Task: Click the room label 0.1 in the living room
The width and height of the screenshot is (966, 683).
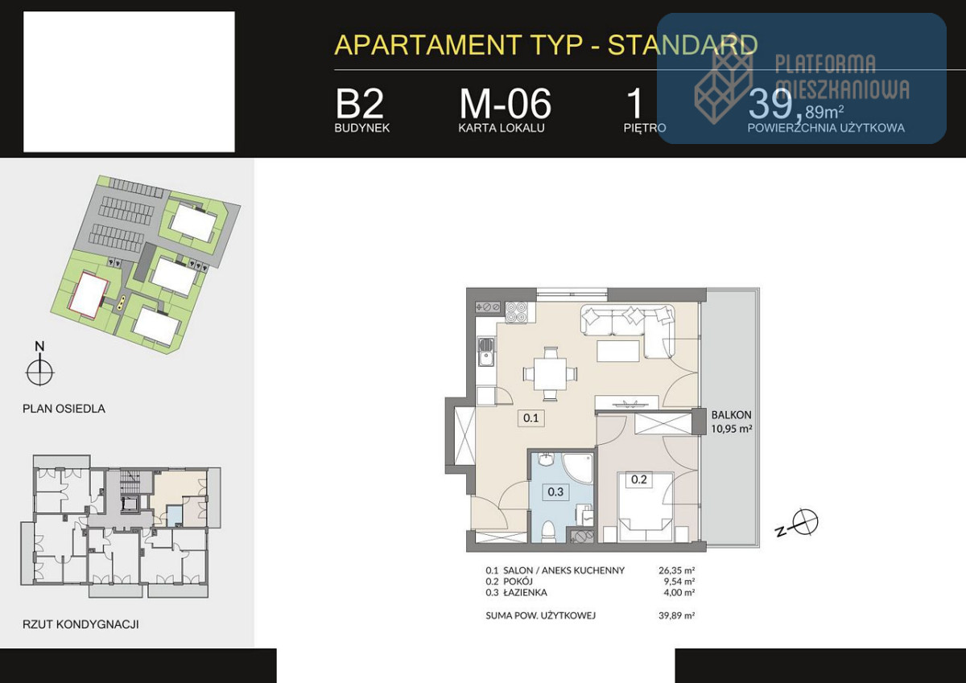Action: click(530, 418)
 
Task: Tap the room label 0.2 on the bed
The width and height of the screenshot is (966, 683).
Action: click(638, 479)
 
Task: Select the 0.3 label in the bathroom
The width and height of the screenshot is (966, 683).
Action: click(555, 492)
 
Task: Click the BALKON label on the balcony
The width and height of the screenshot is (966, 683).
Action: click(732, 415)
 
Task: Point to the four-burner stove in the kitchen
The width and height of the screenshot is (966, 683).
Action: click(516, 312)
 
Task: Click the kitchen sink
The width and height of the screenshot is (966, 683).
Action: click(486, 352)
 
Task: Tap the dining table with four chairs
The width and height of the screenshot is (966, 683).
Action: click(549, 373)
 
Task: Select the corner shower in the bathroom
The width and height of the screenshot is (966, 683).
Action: click(578, 468)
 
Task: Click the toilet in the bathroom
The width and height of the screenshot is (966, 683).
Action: click(548, 532)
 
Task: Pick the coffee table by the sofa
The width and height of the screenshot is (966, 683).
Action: click(618, 351)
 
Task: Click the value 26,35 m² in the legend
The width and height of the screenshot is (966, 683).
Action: click(676, 570)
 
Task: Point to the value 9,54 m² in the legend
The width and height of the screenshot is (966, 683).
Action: click(679, 582)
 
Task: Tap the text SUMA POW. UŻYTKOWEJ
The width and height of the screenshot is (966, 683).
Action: click(540, 615)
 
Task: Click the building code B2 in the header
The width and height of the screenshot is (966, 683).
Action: click(359, 104)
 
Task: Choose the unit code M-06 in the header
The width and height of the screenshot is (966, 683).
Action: click(505, 104)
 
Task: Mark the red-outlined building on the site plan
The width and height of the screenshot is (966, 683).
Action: click(89, 295)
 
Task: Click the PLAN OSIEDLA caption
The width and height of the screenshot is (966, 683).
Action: click(64, 409)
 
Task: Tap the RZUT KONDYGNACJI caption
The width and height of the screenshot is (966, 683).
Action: click(80, 624)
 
